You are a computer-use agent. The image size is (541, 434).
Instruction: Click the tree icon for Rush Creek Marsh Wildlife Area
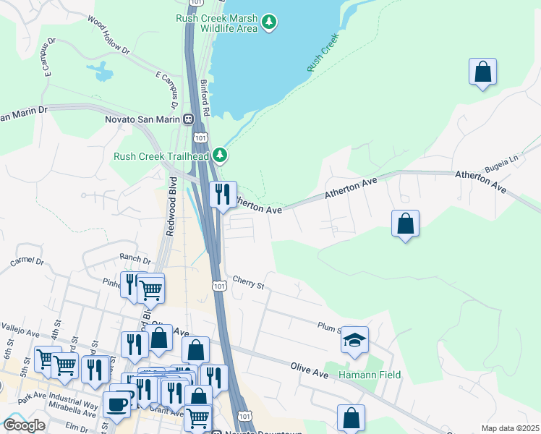(269, 22)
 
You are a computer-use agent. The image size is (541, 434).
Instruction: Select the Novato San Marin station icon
(188, 119)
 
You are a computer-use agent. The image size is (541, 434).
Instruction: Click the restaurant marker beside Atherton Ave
(222, 194)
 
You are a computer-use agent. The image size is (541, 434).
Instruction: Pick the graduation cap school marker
(354, 341)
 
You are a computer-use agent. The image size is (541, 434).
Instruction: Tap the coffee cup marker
(116, 404)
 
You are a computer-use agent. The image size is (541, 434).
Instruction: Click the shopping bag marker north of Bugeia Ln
(482, 72)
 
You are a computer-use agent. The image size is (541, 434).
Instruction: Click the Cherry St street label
(248, 281)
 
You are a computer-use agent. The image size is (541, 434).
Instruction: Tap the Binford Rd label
(205, 98)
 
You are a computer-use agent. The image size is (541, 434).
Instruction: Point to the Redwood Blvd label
(172, 214)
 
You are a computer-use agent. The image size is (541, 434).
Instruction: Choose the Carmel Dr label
(27, 262)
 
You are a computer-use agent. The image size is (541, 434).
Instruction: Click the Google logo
(24, 425)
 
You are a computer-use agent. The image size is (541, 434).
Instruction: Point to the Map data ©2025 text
(509, 428)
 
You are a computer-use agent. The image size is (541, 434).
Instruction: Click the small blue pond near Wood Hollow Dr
(101, 71)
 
